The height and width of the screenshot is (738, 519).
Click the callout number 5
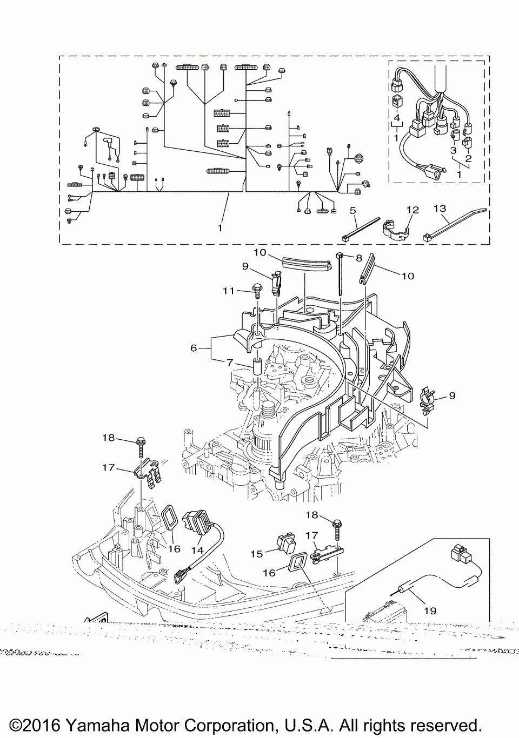point(352,210)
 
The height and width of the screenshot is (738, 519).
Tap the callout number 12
point(412,210)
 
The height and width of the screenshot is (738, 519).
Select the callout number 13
point(440,208)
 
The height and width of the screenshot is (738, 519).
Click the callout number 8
point(358,258)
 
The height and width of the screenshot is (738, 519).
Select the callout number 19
point(430,611)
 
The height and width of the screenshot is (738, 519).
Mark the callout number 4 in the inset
point(396,117)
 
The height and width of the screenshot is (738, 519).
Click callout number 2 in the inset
point(468,158)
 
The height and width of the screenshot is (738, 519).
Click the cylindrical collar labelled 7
point(257,367)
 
